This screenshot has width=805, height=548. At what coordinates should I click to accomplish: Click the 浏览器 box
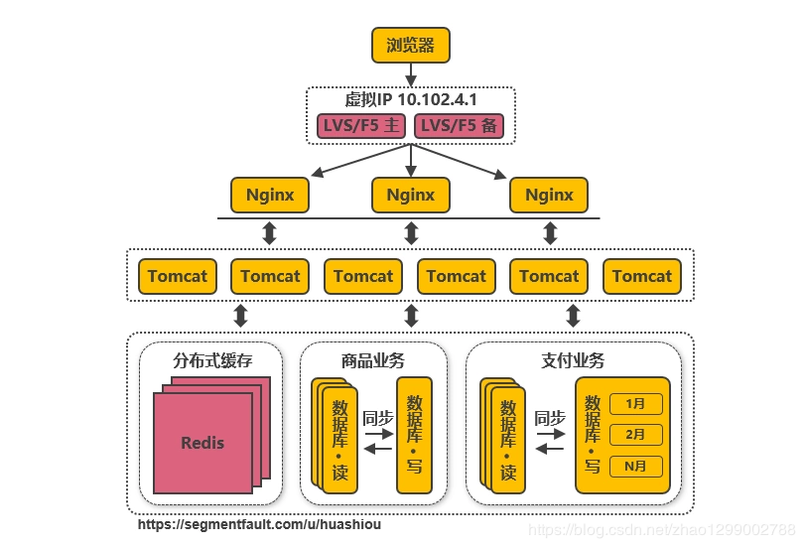(x=411, y=45)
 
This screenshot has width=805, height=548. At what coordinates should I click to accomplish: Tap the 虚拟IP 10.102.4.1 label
(x=411, y=99)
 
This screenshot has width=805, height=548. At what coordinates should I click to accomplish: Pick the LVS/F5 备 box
(x=459, y=126)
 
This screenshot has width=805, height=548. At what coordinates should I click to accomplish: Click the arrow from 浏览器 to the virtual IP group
(x=411, y=74)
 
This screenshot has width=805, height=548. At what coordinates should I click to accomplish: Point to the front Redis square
(x=202, y=443)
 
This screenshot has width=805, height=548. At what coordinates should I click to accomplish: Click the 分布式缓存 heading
(x=212, y=360)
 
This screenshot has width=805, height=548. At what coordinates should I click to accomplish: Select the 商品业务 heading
(x=372, y=360)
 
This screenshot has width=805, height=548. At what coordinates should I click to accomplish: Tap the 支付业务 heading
(x=573, y=360)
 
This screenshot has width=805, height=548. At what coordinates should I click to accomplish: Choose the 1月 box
(x=636, y=404)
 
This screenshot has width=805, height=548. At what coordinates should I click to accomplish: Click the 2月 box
(x=636, y=435)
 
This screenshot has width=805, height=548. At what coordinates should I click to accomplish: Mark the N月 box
(x=636, y=466)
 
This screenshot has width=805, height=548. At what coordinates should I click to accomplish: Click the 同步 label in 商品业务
(x=378, y=418)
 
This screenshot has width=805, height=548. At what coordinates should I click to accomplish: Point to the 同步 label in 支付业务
(x=550, y=418)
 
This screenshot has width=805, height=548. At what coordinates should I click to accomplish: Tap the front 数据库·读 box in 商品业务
(x=340, y=443)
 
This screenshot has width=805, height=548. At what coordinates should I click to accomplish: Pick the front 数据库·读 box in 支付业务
(x=508, y=443)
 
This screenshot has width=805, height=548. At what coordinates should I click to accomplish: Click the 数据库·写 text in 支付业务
(x=593, y=434)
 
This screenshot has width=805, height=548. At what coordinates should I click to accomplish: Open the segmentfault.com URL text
(x=259, y=524)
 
